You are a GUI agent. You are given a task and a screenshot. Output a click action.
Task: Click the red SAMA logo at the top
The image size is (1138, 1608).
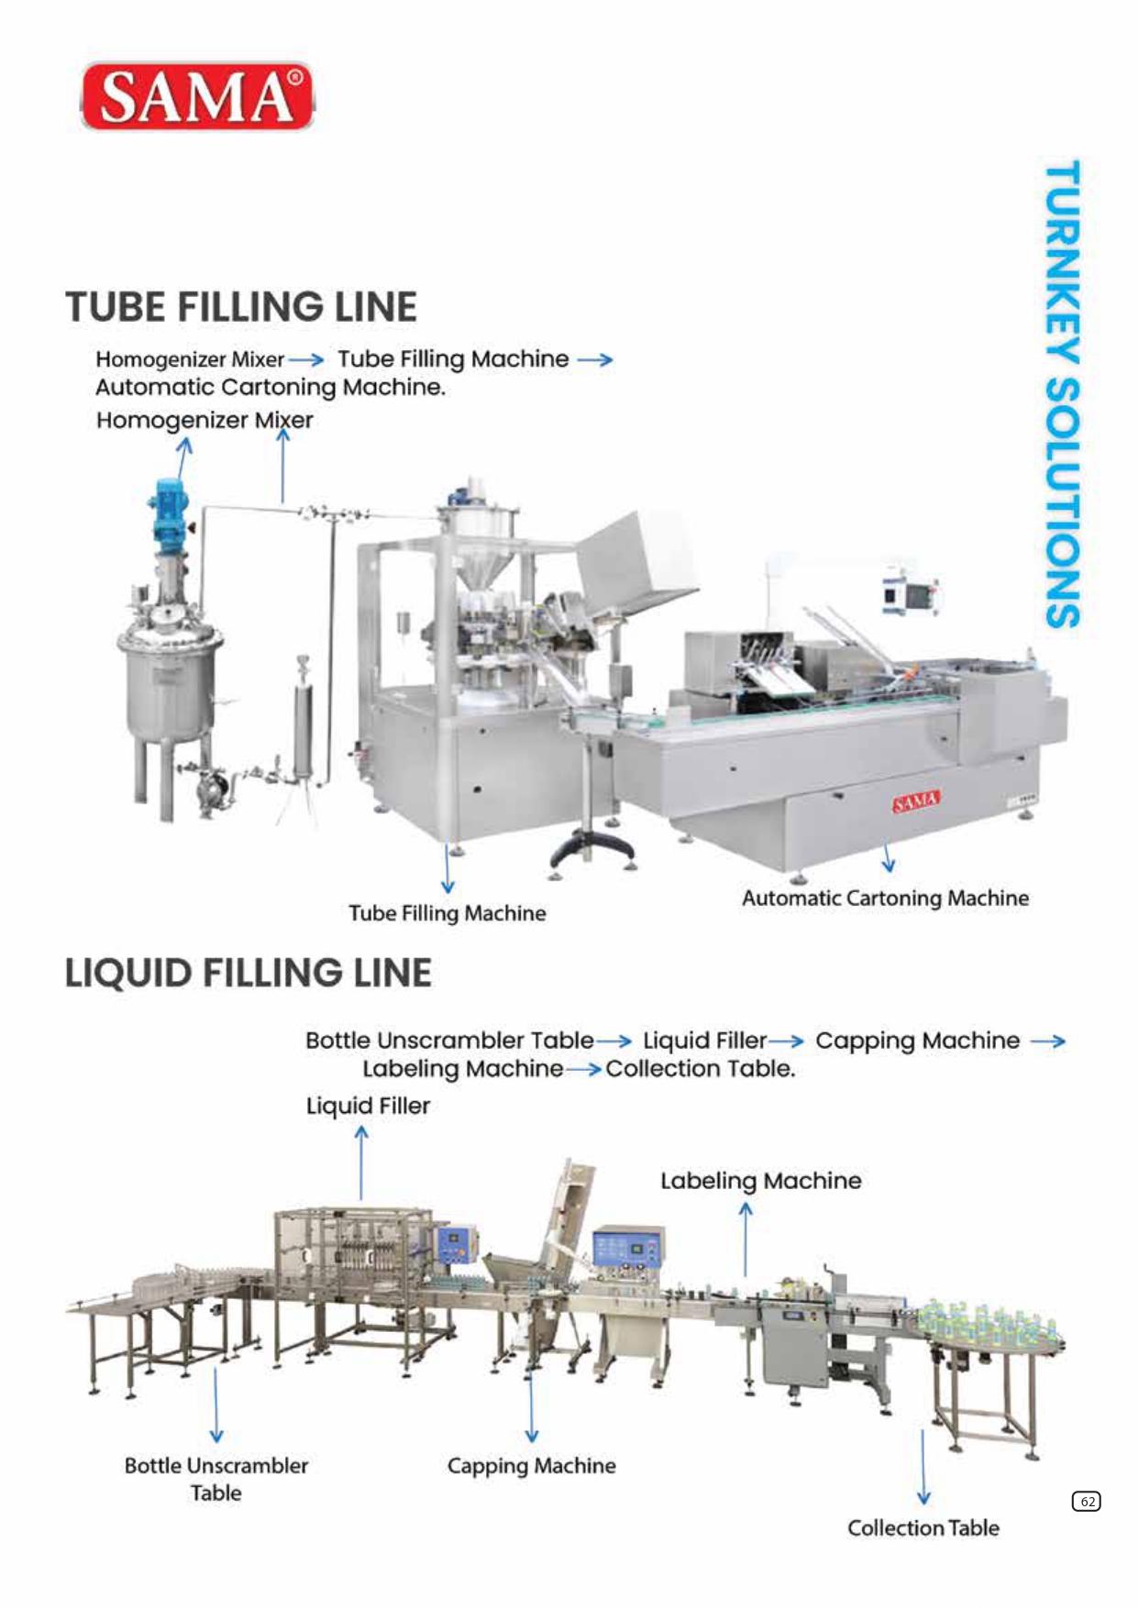click(x=198, y=95)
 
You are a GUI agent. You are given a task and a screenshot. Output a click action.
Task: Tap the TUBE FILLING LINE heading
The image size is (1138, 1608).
click(x=241, y=306)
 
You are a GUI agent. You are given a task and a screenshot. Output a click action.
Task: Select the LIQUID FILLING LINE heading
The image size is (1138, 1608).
click(x=248, y=973)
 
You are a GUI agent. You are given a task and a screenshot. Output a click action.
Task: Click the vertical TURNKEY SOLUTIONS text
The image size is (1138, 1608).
click(x=1062, y=394)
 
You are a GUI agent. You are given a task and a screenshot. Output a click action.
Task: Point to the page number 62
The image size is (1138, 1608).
click(x=1087, y=1501)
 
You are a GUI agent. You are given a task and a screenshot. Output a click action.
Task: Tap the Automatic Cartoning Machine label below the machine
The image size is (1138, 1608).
click(x=885, y=898)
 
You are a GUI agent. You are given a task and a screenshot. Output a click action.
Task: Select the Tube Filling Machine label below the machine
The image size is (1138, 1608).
click(x=447, y=913)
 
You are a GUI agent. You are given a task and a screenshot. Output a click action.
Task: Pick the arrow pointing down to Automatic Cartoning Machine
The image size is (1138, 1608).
click(x=888, y=858)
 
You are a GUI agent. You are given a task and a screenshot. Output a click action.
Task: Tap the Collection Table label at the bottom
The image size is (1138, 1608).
click(x=923, y=1527)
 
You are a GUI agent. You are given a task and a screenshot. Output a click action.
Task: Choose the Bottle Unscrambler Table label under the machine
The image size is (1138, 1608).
click(x=216, y=1479)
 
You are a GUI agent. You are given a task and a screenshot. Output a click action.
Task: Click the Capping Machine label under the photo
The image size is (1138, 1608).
click(x=531, y=1466)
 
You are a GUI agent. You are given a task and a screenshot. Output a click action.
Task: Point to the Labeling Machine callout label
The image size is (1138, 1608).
click(x=761, y=1181)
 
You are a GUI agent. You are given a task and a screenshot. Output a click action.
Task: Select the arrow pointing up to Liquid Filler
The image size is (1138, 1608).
click(x=361, y=1162)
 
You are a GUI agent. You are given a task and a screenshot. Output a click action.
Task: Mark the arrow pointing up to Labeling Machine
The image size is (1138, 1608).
click(x=746, y=1239)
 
